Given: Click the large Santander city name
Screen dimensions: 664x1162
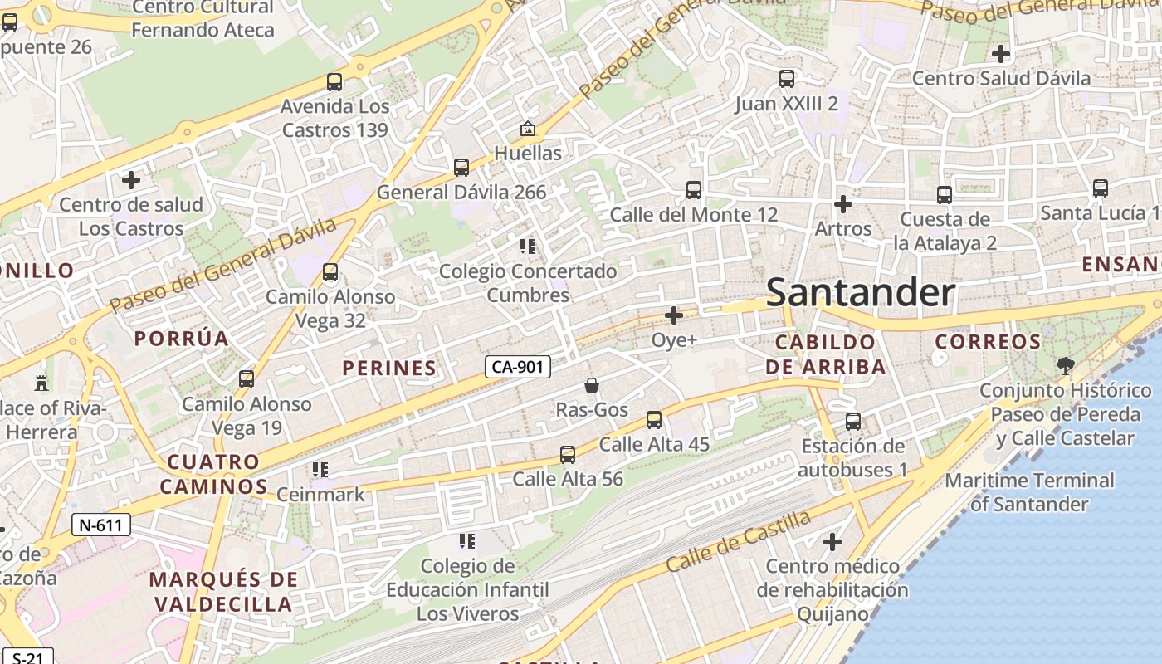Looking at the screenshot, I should pyautogui.click(x=860, y=292).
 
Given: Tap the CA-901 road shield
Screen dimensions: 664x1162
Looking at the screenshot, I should pyautogui.click(x=518, y=366).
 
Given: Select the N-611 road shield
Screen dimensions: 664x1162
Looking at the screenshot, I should pyautogui.click(x=101, y=525).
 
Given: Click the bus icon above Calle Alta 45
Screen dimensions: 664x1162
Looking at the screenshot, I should pyautogui.click(x=654, y=420).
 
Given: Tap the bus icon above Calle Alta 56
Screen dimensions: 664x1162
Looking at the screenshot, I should pyautogui.click(x=568, y=455).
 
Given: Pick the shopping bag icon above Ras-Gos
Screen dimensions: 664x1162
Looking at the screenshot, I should pyautogui.click(x=592, y=385).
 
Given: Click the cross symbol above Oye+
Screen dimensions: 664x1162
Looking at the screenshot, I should pyautogui.click(x=674, y=315).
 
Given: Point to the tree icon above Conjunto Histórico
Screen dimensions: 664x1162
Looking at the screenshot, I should pyautogui.click(x=1065, y=365).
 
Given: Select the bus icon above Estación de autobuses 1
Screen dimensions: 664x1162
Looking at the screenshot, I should pyautogui.click(x=853, y=422).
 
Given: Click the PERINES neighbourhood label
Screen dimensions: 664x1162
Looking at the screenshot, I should pyautogui.click(x=389, y=368).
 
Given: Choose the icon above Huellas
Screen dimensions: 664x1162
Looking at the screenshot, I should pyautogui.click(x=527, y=129).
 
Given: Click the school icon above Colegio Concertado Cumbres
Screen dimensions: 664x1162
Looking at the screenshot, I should pyautogui.click(x=527, y=247).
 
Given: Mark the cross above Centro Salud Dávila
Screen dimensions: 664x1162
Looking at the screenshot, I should pyautogui.click(x=1001, y=54).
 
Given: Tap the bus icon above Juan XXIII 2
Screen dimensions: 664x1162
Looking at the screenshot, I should pyautogui.click(x=786, y=80).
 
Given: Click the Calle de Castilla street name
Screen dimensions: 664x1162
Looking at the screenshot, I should pyautogui.click(x=739, y=541).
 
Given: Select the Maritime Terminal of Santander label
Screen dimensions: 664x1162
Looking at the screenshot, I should pyautogui.click(x=1029, y=492).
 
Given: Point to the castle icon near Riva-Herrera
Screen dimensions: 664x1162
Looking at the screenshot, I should pyautogui.click(x=41, y=383).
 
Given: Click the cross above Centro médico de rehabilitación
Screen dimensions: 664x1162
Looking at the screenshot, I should pyautogui.click(x=832, y=543).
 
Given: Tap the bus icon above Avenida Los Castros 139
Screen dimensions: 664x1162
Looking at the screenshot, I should pyautogui.click(x=334, y=82).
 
